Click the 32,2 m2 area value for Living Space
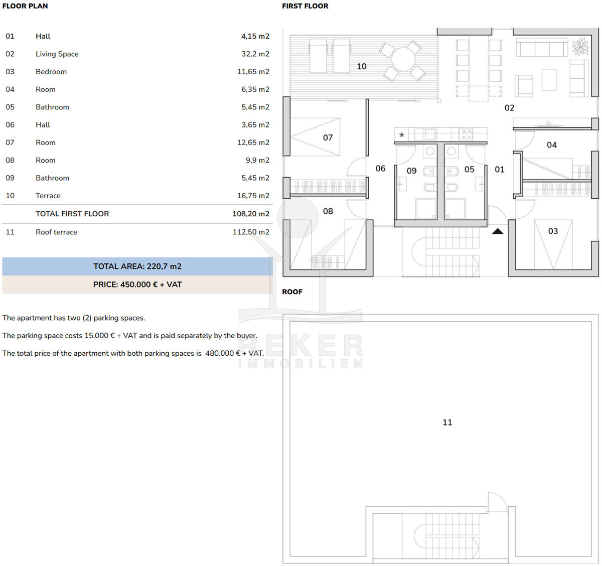point(255,54)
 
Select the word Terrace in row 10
point(48,196)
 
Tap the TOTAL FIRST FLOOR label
point(72,214)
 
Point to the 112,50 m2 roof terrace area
point(251,232)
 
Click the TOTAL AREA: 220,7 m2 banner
point(137,266)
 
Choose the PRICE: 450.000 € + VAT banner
point(137,285)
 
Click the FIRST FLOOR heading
point(305,6)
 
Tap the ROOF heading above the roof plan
point(292,292)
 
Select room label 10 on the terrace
point(362,66)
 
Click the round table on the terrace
point(403,59)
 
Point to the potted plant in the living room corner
point(580,46)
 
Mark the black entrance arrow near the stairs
point(498,231)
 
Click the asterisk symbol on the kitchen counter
point(402,134)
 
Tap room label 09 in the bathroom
point(412,171)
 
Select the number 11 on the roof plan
point(447,422)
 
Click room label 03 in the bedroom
point(553,231)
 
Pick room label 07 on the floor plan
point(328,137)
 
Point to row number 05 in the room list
point(10,107)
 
